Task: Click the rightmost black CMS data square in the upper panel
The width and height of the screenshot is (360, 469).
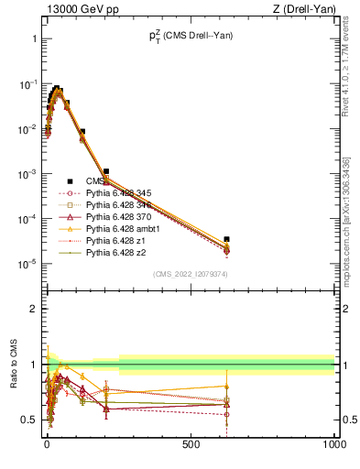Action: point(226,239)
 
